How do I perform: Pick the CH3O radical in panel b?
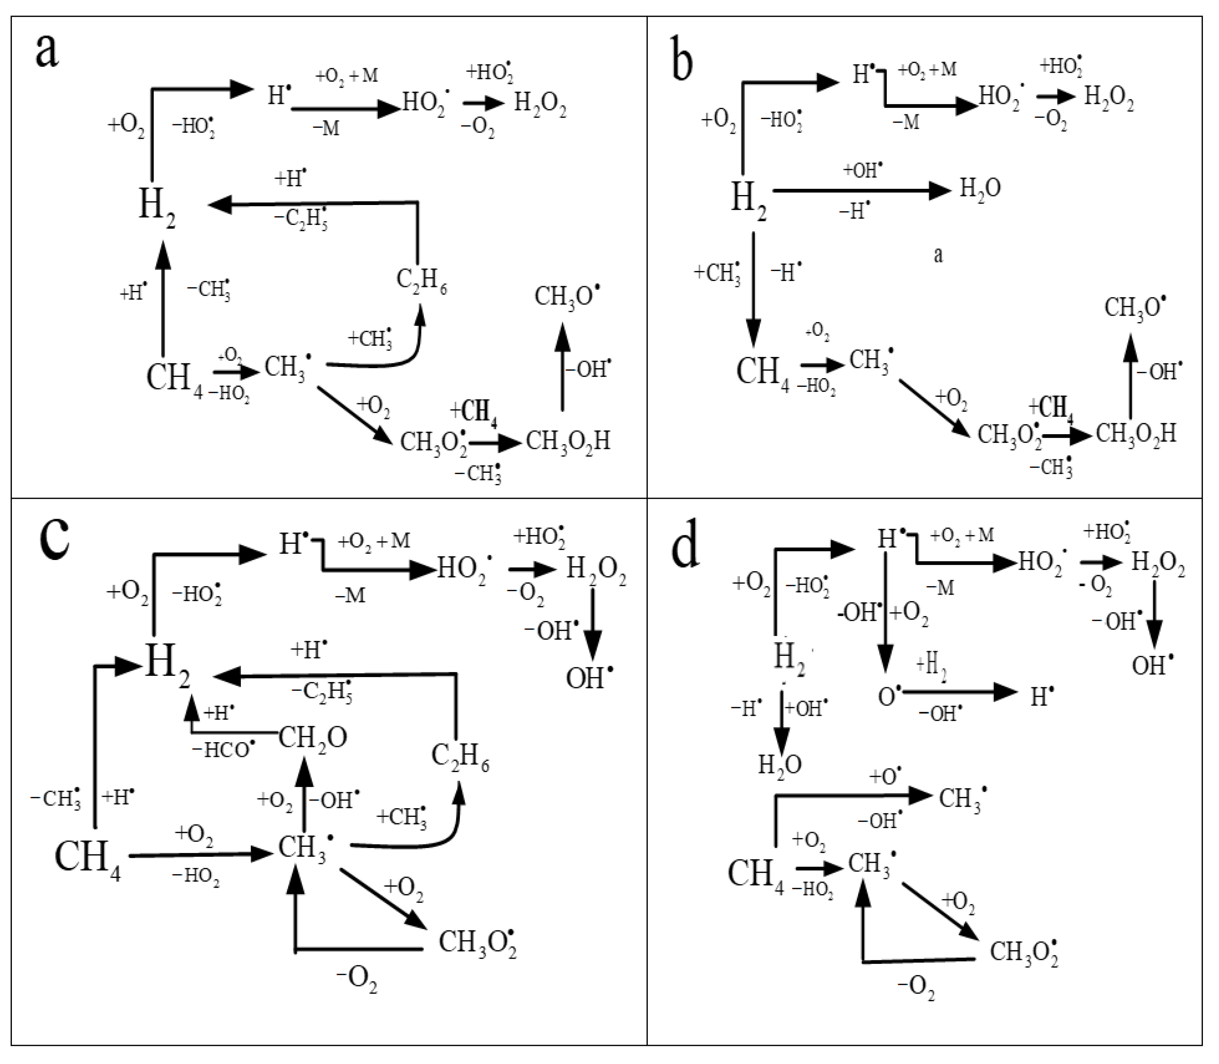[x=1134, y=308]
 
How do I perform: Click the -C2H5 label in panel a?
[x=301, y=219]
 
